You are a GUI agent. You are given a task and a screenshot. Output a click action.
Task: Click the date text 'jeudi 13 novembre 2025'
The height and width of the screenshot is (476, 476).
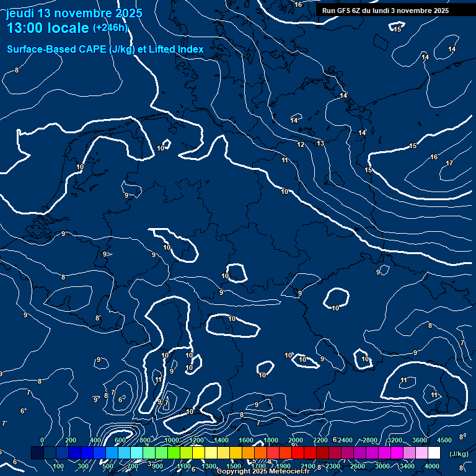tap(74, 13)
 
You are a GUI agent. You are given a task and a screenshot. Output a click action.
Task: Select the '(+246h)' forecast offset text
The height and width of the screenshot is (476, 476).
tap(110, 28)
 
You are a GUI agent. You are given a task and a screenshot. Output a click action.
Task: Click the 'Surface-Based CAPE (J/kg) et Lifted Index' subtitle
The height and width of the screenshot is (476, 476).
tap(105, 49)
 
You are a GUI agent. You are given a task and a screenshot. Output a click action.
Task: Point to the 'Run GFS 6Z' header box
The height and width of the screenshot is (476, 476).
tap(386, 11)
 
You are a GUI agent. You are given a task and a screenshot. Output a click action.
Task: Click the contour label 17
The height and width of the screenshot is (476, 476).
tap(449, 164)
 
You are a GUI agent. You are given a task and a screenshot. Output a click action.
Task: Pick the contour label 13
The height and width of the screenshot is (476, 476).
tap(320, 144)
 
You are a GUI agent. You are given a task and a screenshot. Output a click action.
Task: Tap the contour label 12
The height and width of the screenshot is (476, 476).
tap(301, 145)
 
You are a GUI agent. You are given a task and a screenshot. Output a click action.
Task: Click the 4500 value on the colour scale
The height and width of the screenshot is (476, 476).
tap(444, 441)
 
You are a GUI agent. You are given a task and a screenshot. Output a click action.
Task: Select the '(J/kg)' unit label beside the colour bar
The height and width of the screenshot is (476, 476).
tap(459, 454)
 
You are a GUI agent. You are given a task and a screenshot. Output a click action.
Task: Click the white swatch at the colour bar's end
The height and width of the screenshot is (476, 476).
tap(434, 454)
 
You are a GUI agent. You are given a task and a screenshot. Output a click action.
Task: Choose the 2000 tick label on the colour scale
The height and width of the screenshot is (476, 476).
tap(296, 441)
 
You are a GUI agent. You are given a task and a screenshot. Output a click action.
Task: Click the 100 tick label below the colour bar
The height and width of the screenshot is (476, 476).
tap(59, 466)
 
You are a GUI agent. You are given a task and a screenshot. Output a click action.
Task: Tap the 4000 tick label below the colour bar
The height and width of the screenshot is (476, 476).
tap(432, 466)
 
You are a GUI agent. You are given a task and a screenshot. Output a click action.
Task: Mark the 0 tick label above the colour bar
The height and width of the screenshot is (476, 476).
tap(42, 441)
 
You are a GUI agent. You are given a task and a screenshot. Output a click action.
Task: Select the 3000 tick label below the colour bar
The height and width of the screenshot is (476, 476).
tap(382, 466)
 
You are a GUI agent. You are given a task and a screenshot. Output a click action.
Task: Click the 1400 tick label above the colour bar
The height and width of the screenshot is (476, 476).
tap(221, 441)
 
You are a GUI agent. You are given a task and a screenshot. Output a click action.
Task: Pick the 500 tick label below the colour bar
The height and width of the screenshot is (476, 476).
tap(108, 466)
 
